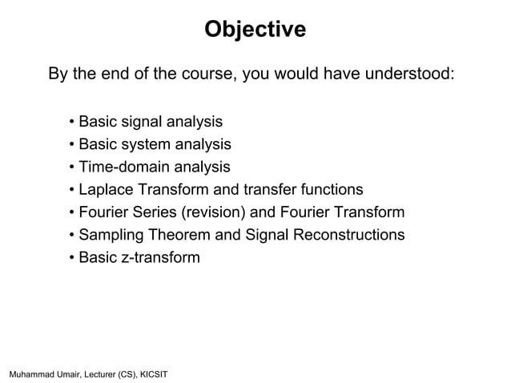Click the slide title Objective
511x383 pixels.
255,30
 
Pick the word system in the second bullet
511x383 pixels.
148,144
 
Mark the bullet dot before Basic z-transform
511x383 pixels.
72,258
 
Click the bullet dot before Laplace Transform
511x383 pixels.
72,190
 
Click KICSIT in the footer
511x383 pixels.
152,374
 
